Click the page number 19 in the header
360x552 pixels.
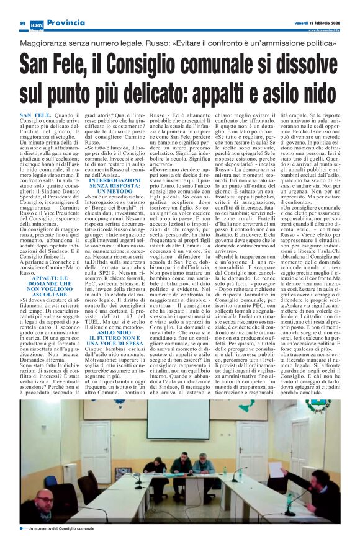tap(22, 23)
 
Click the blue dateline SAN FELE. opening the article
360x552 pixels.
tap(51, 115)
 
